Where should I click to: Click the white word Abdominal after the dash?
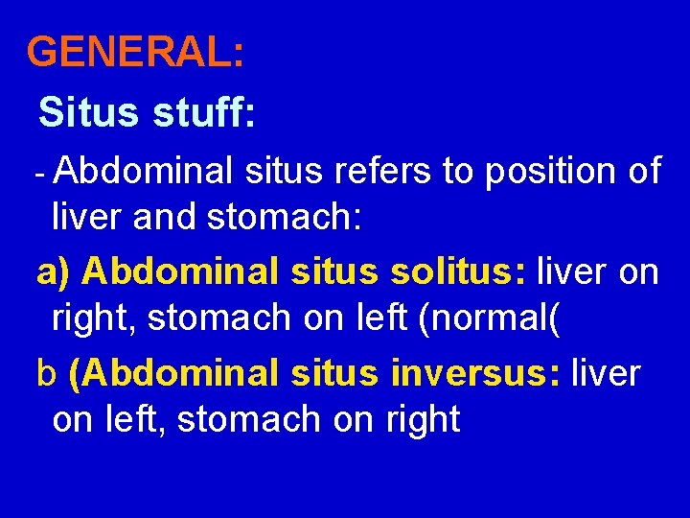click(145, 172)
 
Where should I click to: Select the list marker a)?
click(54, 273)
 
